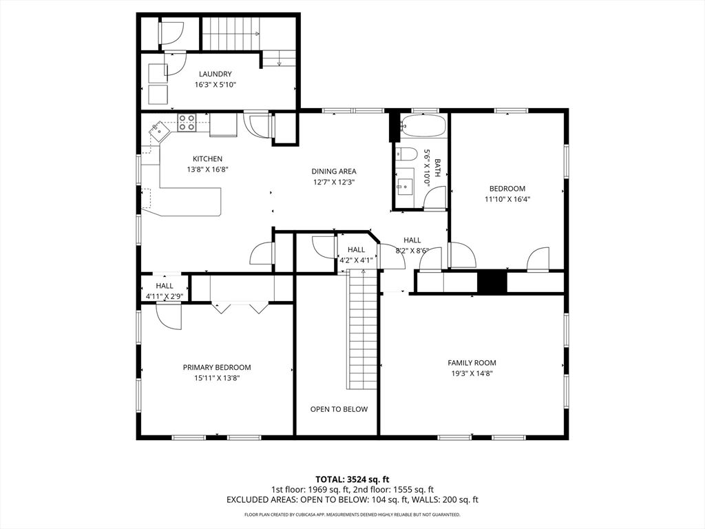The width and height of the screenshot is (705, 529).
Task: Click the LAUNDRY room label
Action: (x=215, y=74)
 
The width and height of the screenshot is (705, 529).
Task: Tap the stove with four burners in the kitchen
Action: (x=187, y=123)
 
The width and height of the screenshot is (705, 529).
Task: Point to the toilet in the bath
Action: (x=407, y=154)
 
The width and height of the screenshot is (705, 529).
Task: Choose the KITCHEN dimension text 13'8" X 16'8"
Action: (x=207, y=169)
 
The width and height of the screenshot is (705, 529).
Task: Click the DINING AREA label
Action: (x=333, y=172)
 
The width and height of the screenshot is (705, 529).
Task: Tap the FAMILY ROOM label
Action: (x=472, y=363)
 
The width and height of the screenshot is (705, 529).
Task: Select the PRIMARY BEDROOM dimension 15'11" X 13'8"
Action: (x=216, y=377)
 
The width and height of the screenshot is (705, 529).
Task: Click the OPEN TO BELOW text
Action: (x=338, y=409)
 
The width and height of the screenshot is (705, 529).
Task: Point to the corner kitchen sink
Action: (x=159, y=129)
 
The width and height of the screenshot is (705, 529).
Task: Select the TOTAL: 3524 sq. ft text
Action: (x=352, y=479)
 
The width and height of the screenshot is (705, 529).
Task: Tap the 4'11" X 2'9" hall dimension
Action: (x=164, y=297)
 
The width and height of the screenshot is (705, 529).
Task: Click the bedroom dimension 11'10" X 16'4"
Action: (x=507, y=199)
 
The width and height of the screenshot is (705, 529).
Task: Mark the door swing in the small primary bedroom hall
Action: (x=169, y=315)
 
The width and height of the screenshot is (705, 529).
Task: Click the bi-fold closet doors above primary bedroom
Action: (x=240, y=307)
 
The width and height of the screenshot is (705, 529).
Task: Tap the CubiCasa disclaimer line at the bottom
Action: (x=352, y=515)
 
